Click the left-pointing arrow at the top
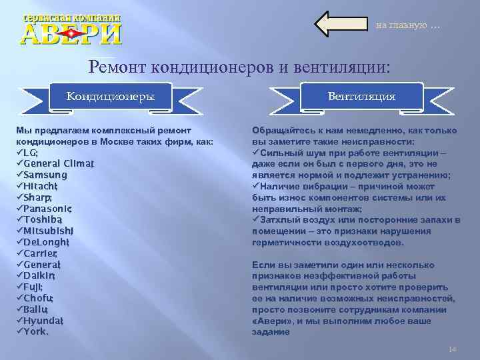point(341,25)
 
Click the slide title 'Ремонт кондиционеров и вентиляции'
point(239,67)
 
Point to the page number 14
point(451,349)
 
